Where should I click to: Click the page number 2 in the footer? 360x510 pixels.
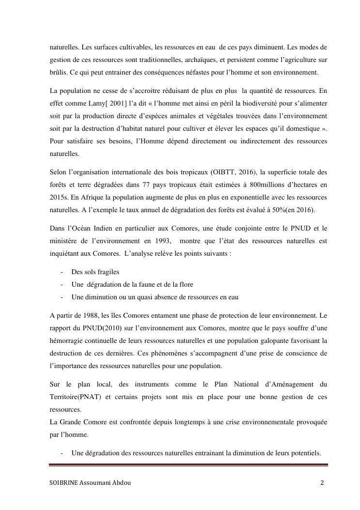pyautogui.click(x=322, y=483)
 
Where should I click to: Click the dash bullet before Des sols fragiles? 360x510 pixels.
pyautogui.click(x=62, y=272)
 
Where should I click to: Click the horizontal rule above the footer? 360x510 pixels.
pyautogui.click(x=189, y=465)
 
